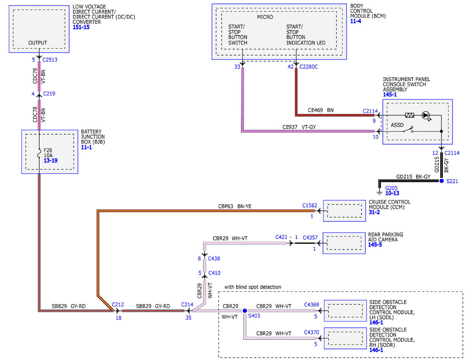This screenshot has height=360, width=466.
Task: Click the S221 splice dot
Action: click(441, 181)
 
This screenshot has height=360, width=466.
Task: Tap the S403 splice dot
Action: click(245, 310)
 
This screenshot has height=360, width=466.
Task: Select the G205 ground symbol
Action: click(379, 192)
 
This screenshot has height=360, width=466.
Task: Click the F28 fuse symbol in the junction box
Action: click(39, 153)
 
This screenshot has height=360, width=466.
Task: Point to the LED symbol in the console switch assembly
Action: click(426, 116)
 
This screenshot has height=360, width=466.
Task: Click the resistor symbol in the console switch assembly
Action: click(409, 115)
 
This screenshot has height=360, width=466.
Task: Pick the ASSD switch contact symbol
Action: click(408, 129)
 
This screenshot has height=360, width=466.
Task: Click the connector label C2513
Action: click(50, 60)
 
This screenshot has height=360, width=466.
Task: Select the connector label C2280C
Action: click(308, 67)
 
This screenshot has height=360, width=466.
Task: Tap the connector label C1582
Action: click(310, 205)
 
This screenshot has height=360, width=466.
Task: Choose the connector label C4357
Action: click(310, 238)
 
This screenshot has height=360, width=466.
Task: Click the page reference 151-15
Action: click(81, 27)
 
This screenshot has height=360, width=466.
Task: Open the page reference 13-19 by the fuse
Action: click(50, 161)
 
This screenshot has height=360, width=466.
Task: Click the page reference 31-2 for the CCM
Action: click(374, 212)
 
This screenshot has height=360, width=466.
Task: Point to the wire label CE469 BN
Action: click(321, 110)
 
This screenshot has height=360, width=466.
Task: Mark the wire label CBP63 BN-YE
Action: click(235, 206)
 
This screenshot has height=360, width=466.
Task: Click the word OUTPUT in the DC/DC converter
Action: click(38, 43)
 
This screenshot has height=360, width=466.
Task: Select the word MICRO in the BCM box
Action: click(265, 17)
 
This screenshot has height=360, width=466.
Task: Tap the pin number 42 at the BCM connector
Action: click(290, 67)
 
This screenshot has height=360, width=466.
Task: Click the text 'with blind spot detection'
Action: click(253, 287)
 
